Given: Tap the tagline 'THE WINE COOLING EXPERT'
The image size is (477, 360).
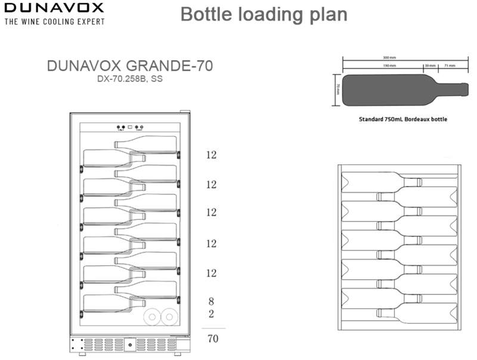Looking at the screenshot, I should point(54,21).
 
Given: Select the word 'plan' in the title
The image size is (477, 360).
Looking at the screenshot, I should point(327,14).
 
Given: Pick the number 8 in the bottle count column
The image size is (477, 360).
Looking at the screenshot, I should point(211,302).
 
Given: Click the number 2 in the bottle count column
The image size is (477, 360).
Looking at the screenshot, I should point(211,314).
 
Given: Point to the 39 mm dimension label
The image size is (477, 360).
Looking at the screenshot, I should point(430,66).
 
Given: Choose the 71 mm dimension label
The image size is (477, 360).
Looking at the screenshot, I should point(450,66).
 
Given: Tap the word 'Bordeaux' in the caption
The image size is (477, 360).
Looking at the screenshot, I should point(415,119).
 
